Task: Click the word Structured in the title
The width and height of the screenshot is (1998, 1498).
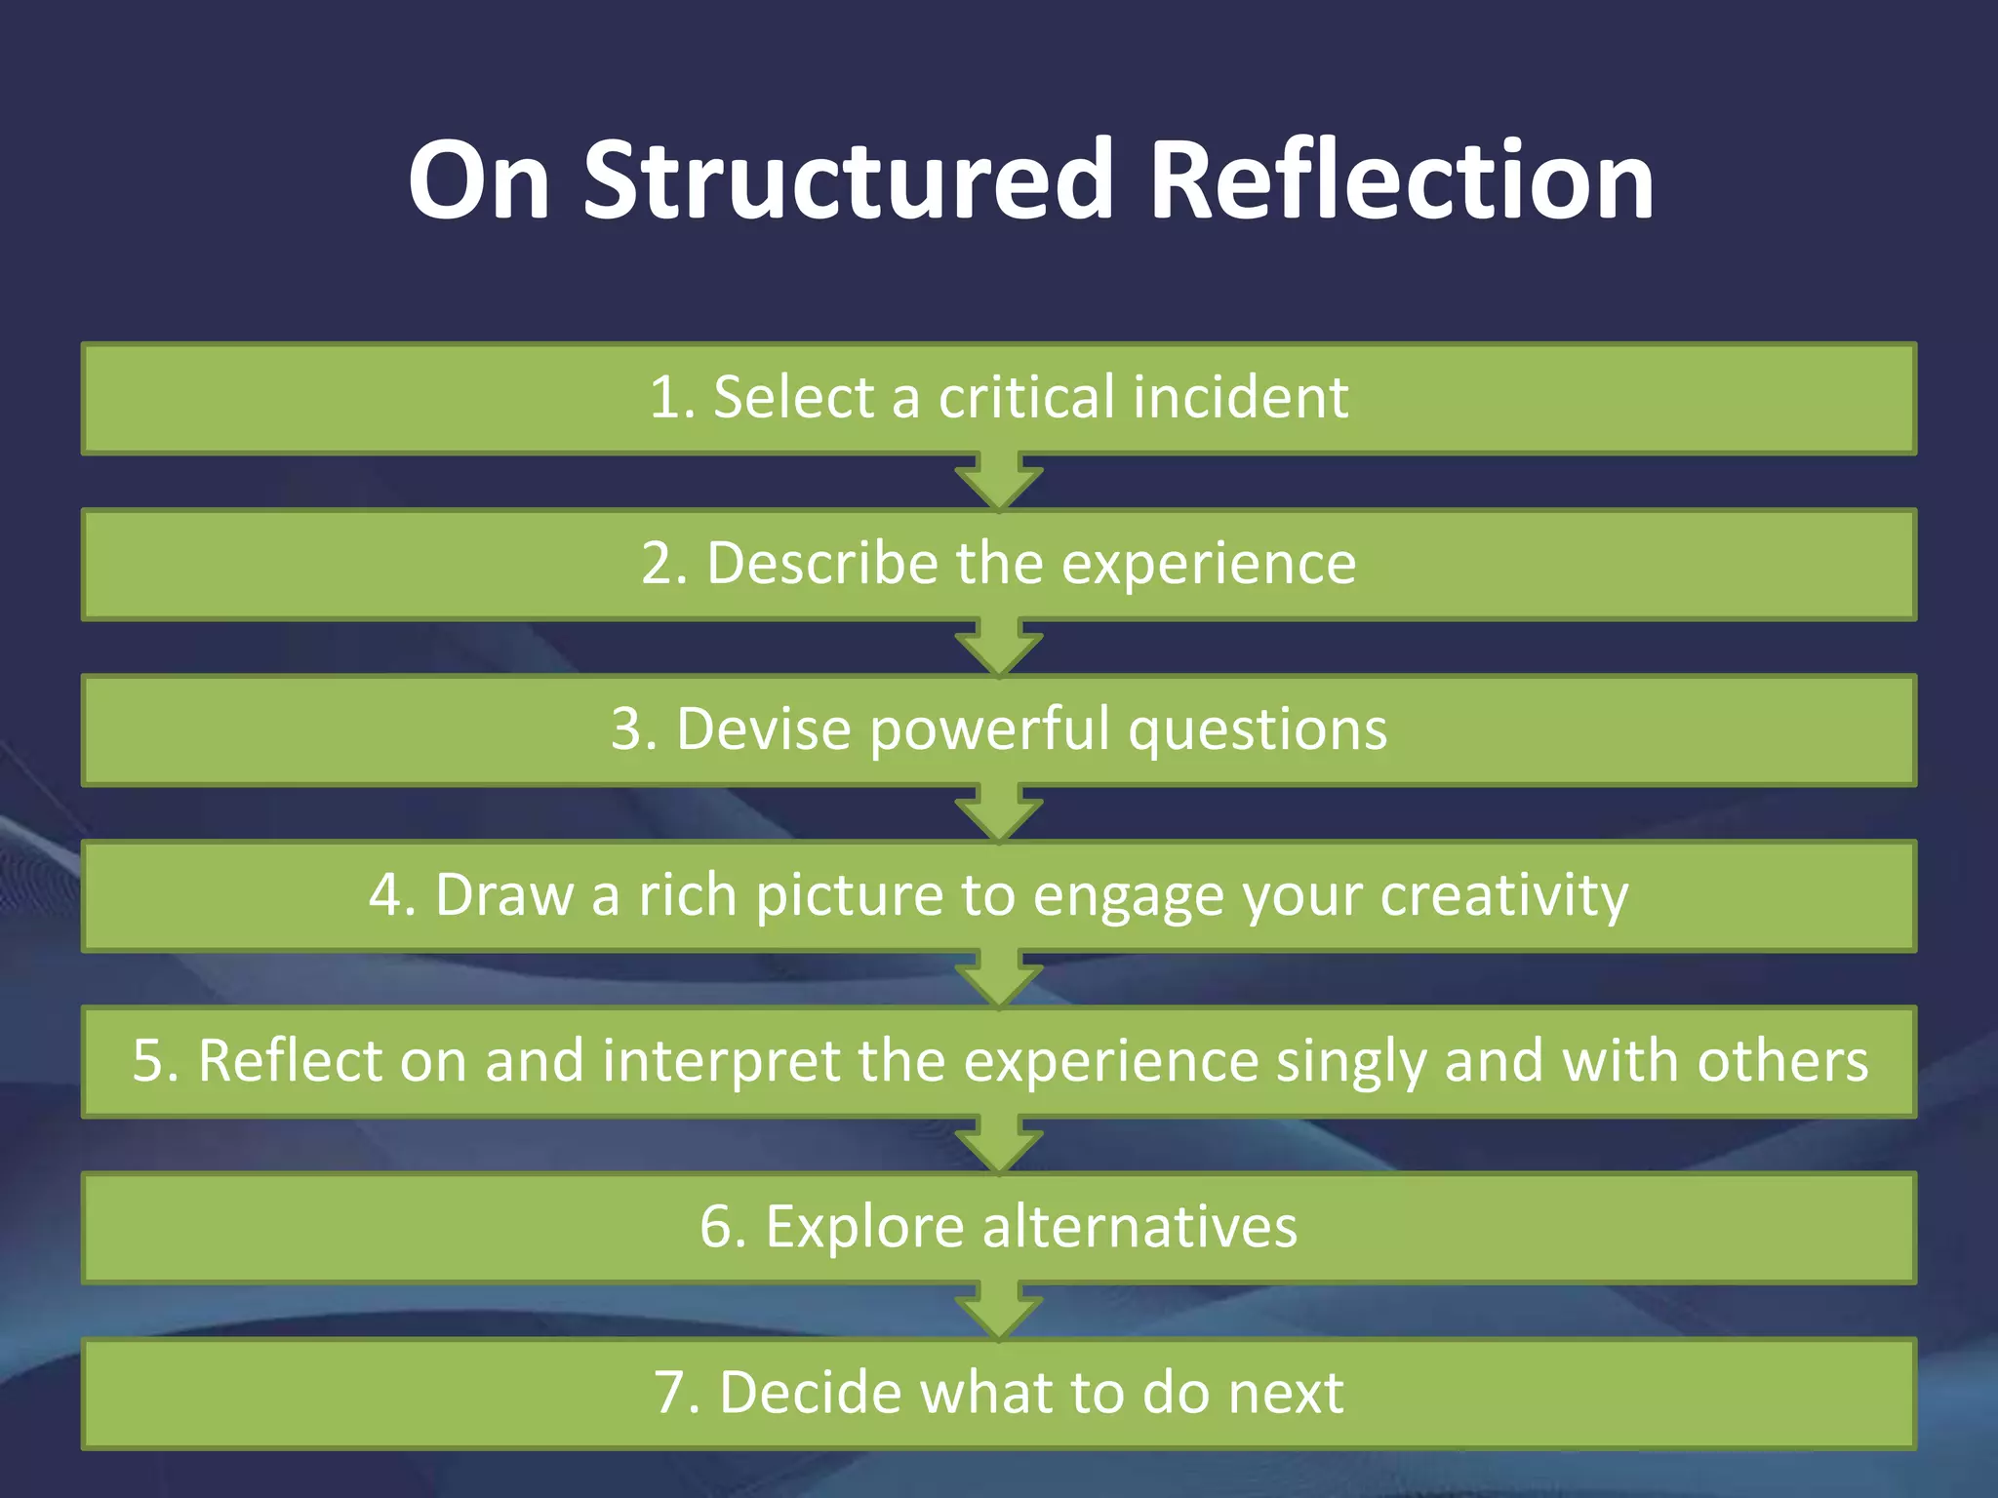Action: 849,180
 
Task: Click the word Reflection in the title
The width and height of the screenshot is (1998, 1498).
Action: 1402,180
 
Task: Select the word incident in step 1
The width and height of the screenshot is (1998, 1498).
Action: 1241,398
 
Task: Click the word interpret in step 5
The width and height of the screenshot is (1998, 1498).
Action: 721,1061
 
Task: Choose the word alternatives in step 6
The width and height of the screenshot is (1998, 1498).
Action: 1139,1227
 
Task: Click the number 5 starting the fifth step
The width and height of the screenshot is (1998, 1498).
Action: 148,1061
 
